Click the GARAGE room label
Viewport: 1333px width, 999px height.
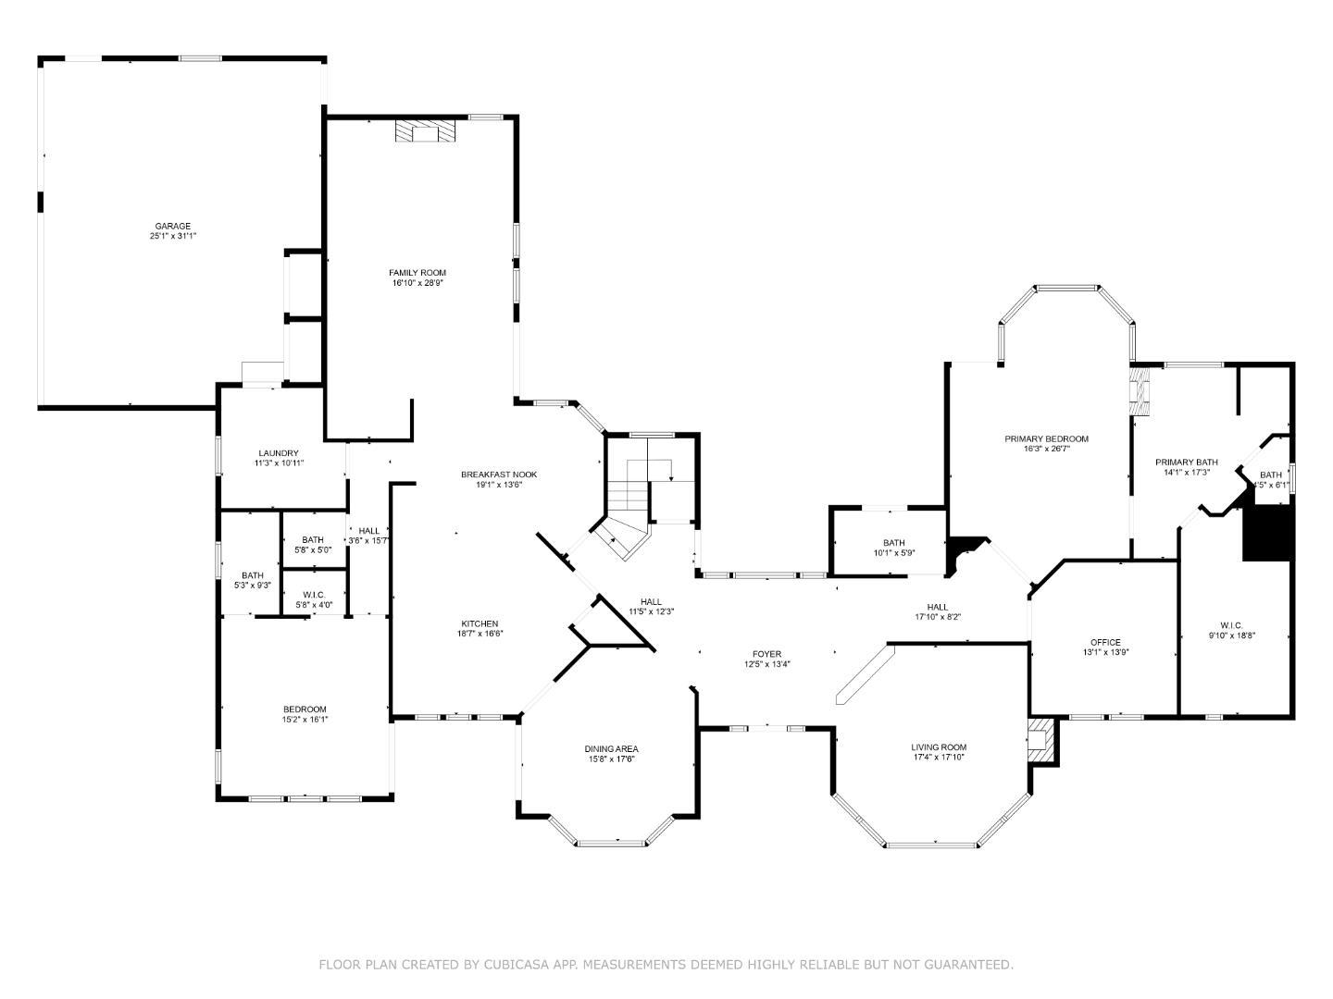172,226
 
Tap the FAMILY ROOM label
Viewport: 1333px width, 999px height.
417,272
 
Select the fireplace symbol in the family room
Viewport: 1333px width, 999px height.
426,131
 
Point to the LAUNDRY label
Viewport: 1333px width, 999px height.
279,453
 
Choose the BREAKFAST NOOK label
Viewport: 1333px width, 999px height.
499,475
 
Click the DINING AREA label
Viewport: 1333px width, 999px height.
611,748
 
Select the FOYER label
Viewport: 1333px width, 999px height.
766,654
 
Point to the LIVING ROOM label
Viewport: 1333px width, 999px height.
938,747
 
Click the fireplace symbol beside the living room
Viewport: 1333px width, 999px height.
1042,740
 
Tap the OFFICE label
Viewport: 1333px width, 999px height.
1105,642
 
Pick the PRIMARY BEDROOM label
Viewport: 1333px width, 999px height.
1046,438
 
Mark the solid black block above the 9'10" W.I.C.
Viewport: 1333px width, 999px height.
1266,532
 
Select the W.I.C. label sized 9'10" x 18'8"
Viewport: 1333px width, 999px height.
1231,624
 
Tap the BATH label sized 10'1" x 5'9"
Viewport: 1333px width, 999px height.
893,543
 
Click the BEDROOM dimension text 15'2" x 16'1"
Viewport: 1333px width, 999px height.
305,720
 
